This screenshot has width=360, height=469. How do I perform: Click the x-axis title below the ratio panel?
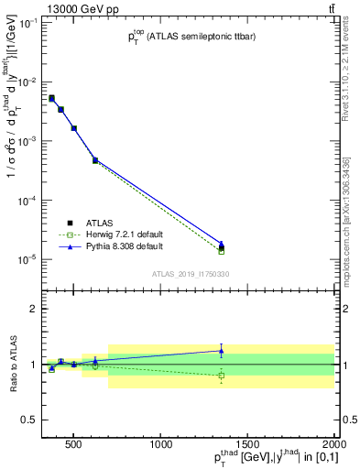click(261, 459)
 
